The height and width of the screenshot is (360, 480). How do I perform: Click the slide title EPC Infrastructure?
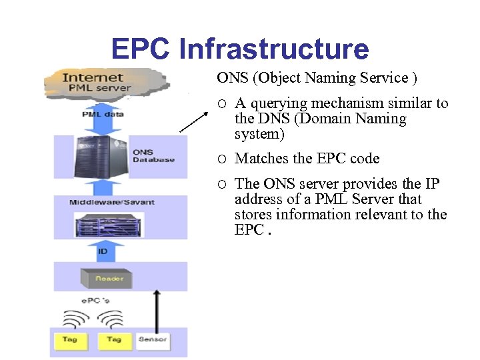pos(239,49)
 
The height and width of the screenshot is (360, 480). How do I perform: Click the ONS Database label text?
pos(153,156)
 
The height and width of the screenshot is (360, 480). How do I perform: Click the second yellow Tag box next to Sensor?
pos(114,340)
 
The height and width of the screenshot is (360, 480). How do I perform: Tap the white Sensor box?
pos(152,340)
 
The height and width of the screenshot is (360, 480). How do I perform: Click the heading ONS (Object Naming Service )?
pos(317,78)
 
